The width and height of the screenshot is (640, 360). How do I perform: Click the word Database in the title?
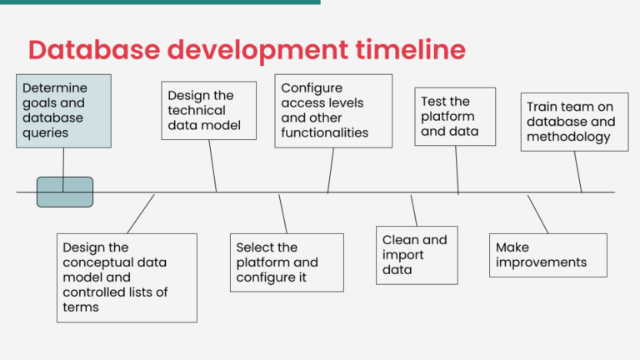coord(94,50)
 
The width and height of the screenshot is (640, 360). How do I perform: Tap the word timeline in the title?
coord(410,50)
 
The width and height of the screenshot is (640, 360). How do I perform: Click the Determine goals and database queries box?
coord(63,111)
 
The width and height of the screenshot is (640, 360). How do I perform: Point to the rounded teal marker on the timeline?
coord(65,192)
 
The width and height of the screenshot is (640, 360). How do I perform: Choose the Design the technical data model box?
coord(209,111)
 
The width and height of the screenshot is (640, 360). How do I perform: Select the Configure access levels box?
coord(333,111)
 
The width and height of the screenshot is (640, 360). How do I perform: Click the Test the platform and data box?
coord(455,117)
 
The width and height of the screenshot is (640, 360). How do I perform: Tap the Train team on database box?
coord(575,122)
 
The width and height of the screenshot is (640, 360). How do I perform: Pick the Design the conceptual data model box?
coord(127,278)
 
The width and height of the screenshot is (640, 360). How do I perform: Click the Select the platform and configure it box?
coord(287,262)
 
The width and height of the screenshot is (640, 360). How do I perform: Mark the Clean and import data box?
coord(417,256)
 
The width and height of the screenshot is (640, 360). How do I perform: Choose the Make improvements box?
coord(548,256)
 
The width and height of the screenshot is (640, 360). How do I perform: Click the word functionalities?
coord(324,132)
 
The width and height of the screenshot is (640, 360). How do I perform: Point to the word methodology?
coord(568,137)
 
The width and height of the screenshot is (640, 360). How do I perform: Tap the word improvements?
coord(541,262)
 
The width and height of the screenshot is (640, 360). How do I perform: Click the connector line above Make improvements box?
coord(538,214)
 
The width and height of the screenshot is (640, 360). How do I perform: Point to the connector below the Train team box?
coord(578,172)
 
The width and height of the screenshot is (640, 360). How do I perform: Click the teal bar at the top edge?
coord(160,2)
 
